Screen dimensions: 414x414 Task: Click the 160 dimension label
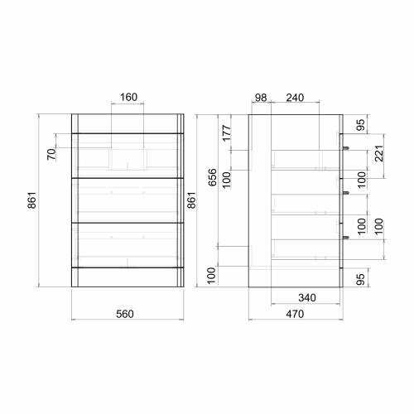coord(128,97)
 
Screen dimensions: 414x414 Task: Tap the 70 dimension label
coord(51,154)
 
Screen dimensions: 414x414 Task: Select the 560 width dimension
coord(125,314)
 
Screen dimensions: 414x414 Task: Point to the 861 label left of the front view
coord(32,200)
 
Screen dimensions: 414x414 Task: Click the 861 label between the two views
coord(191,200)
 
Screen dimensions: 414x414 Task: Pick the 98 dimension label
coord(261,98)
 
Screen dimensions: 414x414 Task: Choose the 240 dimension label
coord(295,98)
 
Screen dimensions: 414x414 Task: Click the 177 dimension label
coord(226,132)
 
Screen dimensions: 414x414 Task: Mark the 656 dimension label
coord(213,177)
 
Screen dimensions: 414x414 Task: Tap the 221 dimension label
coord(379,153)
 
